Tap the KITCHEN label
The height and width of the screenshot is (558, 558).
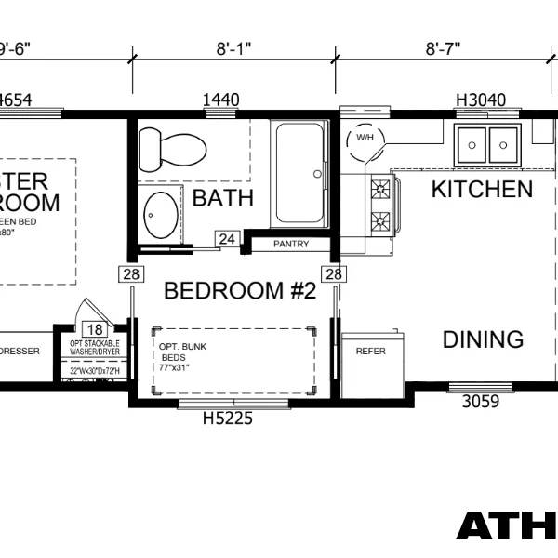point(482,190)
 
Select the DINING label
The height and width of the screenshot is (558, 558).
point(483,339)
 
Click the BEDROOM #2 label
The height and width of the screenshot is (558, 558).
point(240,291)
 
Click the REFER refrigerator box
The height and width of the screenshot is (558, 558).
point(371,352)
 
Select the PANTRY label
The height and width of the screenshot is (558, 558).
point(290,245)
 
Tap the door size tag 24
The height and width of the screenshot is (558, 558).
point(227,240)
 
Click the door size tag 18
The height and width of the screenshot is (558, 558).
point(95,329)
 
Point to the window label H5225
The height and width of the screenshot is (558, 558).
point(228,418)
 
